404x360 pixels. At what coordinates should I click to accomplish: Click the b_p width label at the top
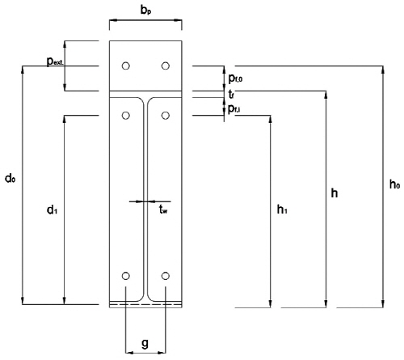(x=145, y=11)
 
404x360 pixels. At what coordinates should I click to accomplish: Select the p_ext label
(x=55, y=61)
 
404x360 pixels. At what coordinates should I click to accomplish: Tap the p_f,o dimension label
(x=235, y=78)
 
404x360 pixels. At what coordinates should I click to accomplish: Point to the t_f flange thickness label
(x=231, y=95)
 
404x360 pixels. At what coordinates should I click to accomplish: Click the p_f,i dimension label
(x=234, y=109)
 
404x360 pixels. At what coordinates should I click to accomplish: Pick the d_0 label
(x=10, y=178)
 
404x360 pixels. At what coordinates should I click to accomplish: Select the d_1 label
(x=52, y=210)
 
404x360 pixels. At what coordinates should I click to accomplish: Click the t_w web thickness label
(x=163, y=209)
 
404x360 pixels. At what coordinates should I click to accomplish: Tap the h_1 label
(x=282, y=210)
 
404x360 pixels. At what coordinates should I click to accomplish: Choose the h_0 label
(x=394, y=184)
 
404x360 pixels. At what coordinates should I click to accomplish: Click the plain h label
(x=335, y=193)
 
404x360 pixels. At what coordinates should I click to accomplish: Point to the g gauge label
(x=145, y=344)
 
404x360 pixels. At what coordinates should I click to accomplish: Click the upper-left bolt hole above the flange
(x=126, y=66)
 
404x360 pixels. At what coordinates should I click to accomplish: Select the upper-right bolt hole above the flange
(x=166, y=66)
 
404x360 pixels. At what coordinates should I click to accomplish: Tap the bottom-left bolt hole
(x=126, y=276)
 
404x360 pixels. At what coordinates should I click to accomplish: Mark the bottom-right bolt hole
(x=166, y=276)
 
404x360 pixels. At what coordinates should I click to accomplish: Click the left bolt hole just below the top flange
(x=126, y=116)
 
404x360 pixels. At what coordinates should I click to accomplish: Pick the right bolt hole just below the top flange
(x=166, y=116)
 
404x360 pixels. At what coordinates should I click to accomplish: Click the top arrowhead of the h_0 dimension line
(x=383, y=70)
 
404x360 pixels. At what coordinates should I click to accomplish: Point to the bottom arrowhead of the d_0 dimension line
(x=23, y=301)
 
